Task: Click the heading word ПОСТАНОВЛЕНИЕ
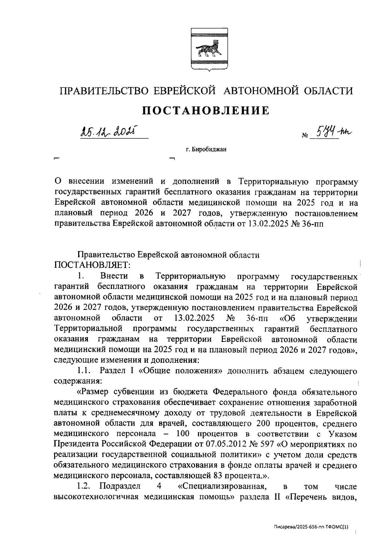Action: (206, 110)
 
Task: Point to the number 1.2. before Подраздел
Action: (83, 486)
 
